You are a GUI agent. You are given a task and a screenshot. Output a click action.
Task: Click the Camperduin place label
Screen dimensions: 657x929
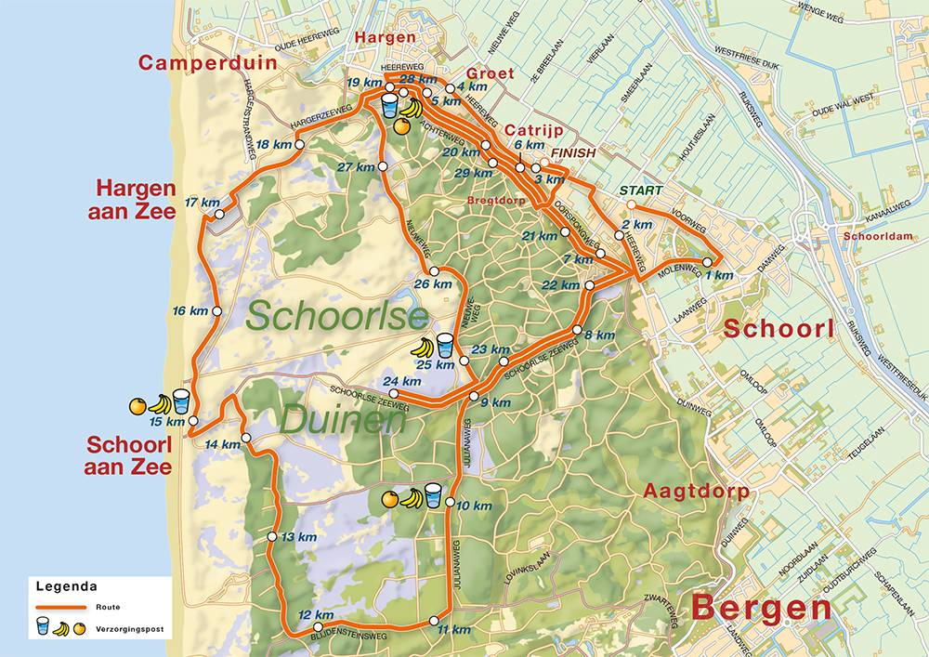pyautogui.click(x=196, y=63)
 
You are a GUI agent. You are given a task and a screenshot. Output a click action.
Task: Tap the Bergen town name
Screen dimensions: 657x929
pyautogui.click(x=761, y=608)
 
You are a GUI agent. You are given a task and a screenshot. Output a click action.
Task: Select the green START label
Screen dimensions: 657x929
pyautogui.click(x=642, y=191)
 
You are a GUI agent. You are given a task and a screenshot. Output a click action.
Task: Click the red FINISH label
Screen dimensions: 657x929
pyautogui.click(x=572, y=151)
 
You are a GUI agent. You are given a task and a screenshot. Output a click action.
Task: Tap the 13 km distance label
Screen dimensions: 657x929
pyautogui.click(x=299, y=537)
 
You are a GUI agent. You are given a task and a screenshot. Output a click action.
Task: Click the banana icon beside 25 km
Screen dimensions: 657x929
pyautogui.click(x=423, y=348)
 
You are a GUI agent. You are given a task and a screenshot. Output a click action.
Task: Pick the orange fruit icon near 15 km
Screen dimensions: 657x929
pyautogui.click(x=137, y=405)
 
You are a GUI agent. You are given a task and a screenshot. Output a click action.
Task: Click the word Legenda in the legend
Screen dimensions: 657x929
pyautogui.click(x=66, y=586)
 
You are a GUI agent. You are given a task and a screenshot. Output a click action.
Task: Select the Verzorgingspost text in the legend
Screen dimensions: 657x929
pyautogui.click(x=129, y=629)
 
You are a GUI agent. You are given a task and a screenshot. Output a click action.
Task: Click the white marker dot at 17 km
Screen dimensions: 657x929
pyautogui.click(x=219, y=216)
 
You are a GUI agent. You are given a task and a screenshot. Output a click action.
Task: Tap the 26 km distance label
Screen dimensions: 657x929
pyautogui.click(x=435, y=283)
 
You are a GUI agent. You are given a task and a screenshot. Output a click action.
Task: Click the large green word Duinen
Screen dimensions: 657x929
pyautogui.click(x=342, y=421)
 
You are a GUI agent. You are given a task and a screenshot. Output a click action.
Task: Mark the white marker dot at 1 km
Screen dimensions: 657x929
pyautogui.click(x=707, y=263)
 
